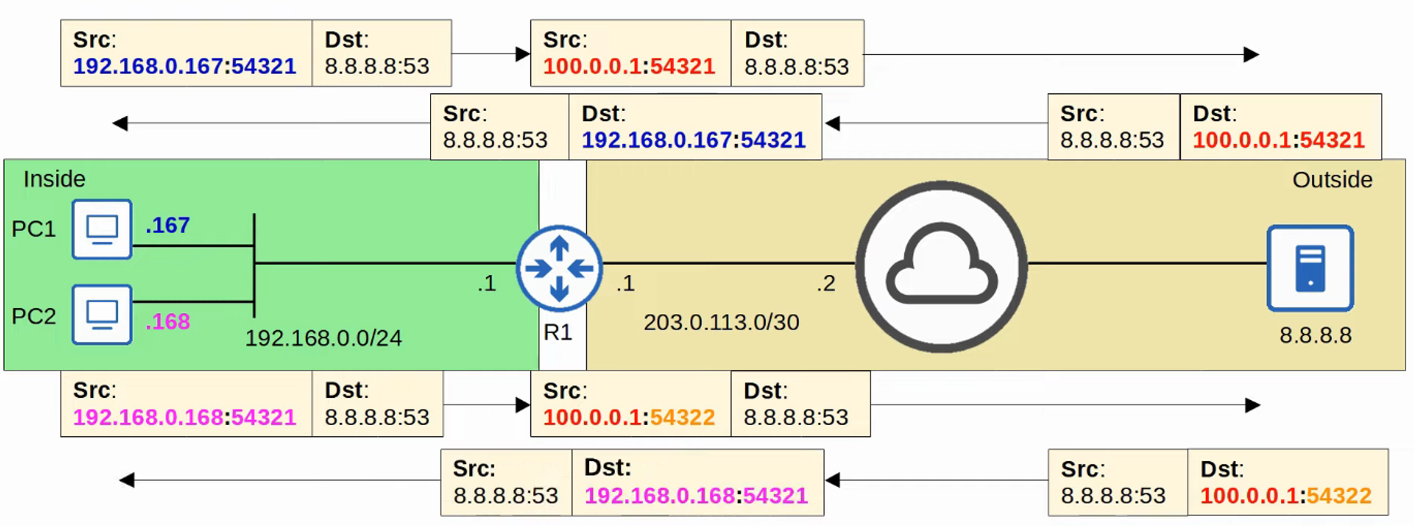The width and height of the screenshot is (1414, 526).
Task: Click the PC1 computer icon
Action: [102, 229]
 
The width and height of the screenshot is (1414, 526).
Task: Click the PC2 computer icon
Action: [102, 315]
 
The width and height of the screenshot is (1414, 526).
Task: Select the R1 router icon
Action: [559, 269]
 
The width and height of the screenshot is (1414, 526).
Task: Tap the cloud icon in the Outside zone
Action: [941, 267]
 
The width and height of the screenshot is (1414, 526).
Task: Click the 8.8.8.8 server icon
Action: [1310, 268]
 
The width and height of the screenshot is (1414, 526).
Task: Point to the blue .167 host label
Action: [168, 226]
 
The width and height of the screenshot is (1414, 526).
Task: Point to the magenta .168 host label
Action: [168, 322]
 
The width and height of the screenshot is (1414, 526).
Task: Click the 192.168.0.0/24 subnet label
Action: [323, 338]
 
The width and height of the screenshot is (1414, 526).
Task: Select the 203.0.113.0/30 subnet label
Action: [721, 322]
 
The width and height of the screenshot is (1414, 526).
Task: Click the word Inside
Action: [54, 179]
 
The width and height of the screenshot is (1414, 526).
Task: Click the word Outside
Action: [1332, 180]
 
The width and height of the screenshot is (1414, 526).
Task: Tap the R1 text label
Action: [558, 332]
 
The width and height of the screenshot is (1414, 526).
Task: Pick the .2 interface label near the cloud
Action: [826, 284]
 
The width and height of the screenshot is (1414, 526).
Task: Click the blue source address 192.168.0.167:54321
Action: [185, 66]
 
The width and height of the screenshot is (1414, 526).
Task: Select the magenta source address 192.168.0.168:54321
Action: [185, 417]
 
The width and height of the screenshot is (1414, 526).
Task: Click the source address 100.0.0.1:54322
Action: [629, 417]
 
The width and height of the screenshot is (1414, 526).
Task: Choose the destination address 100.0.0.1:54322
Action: [1285, 496]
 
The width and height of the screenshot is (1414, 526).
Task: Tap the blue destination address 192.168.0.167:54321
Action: [694, 140]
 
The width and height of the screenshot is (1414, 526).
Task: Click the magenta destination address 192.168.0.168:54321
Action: [696, 496]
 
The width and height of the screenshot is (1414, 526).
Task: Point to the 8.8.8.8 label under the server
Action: [1315, 334]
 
